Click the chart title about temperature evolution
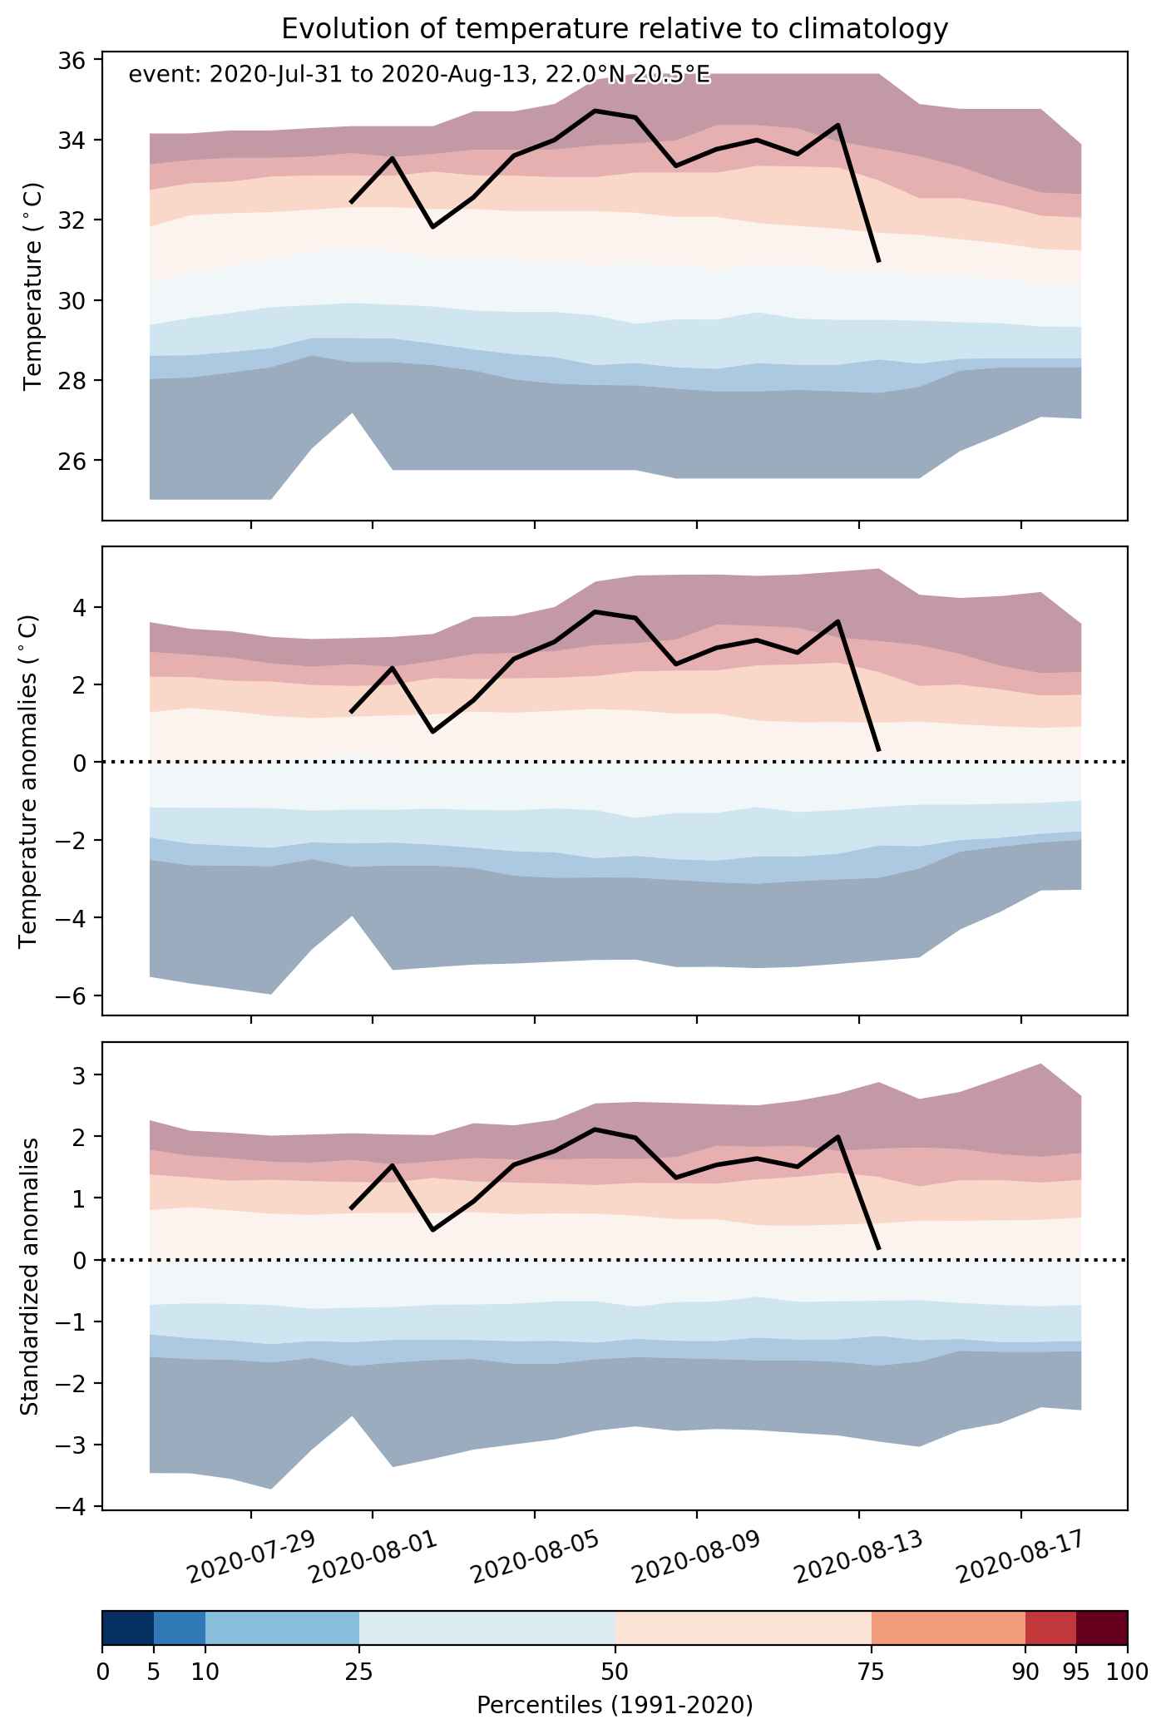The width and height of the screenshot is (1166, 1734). (615, 29)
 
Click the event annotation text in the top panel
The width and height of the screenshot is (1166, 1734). (419, 76)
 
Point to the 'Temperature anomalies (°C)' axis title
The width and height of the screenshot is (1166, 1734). (28, 780)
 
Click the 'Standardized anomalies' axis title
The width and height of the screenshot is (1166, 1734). (28, 1275)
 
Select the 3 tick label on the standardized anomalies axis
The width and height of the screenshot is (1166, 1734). (86, 1075)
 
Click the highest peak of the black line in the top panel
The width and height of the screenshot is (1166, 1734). (595, 110)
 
